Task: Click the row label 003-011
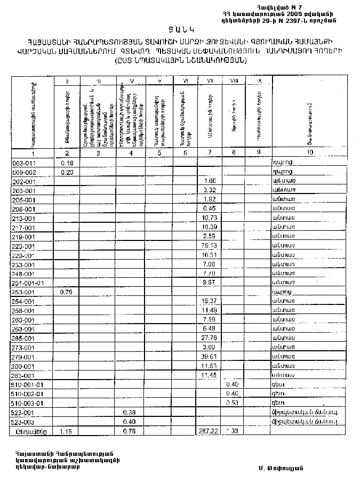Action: tap(24, 163)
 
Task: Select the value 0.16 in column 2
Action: tap(67, 163)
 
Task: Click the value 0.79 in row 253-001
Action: tap(66, 292)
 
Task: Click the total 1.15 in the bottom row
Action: tap(66, 431)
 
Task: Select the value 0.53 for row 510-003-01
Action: tap(232, 402)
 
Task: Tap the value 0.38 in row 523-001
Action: tap(129, 412)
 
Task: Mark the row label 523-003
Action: tap(24, 421)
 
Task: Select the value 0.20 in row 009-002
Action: tap(67, 172)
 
